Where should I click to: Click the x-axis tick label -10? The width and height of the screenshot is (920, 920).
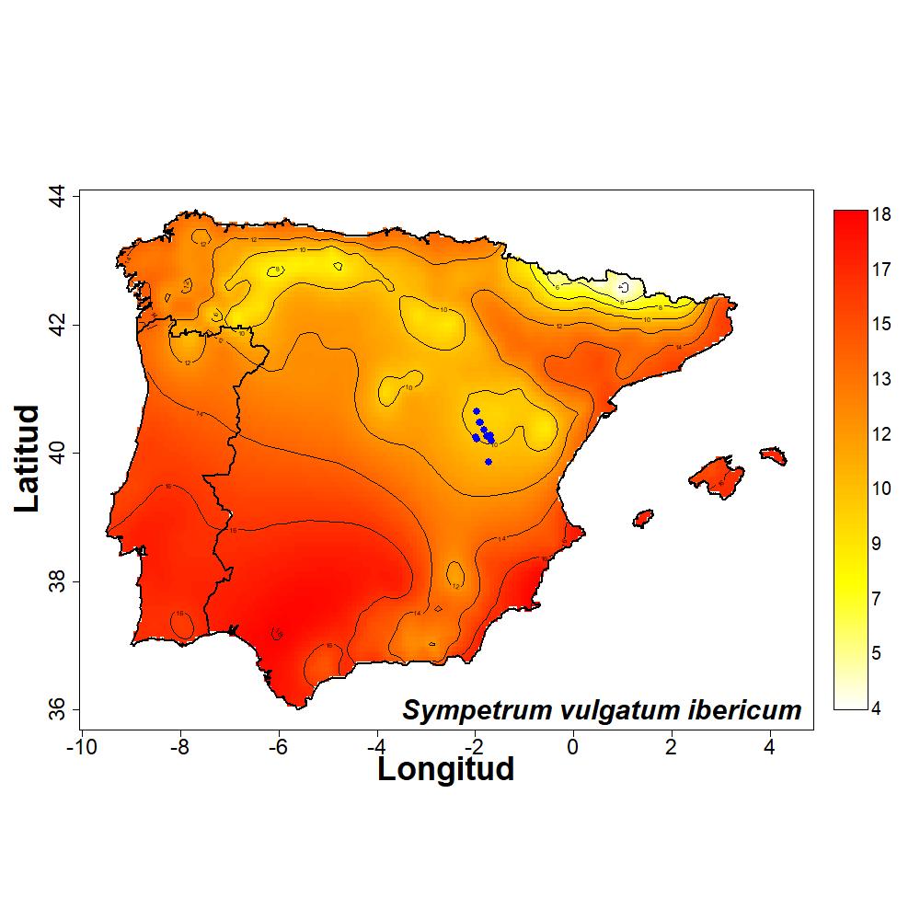81,745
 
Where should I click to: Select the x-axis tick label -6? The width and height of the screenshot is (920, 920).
278,745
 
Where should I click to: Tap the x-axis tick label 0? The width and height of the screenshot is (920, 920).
573,745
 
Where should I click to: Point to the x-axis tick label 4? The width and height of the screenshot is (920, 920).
770,745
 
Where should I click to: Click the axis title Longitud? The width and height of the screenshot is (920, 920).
446,769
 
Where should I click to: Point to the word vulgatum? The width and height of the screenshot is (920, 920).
612,711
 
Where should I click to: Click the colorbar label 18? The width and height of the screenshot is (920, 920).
881,214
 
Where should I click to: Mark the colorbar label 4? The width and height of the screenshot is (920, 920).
877,708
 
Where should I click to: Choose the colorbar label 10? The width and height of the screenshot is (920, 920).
881,489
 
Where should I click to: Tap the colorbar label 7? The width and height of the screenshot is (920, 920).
877,599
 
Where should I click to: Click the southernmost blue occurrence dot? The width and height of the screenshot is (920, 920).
488,462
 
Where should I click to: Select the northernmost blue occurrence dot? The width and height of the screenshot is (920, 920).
477,411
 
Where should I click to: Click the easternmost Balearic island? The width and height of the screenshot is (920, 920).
772,455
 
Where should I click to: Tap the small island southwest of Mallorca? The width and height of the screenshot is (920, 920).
643,518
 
